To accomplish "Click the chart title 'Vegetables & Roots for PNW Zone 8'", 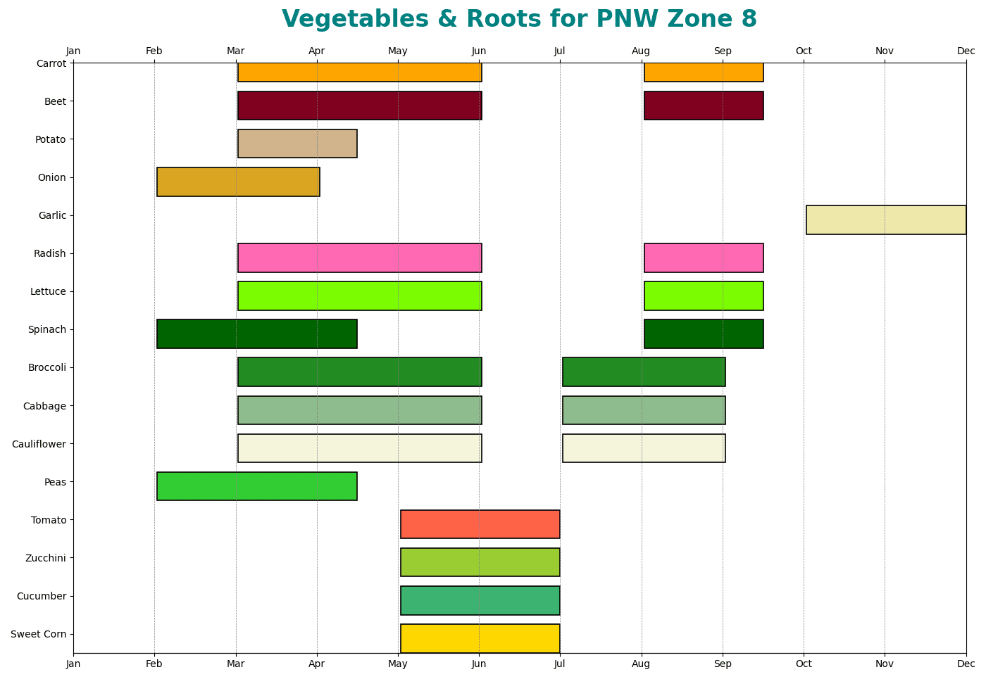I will [x=519, y=19].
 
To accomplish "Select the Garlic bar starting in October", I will [x=885, y=220].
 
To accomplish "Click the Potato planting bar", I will [x=297, y=144].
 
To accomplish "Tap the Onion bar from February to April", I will [x=238, y=182].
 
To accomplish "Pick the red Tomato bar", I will [x=480, y=524].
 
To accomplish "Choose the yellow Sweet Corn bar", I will [x=480, y=638].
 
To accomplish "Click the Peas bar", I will [x=256, y=486].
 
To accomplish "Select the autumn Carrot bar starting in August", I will [x=704, y=72].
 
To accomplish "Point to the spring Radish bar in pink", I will [x=359, y=258].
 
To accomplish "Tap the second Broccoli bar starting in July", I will [x=644, y=372].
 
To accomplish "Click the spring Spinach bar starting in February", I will [x=256, y=334].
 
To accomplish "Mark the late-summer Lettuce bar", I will [x=704, y=296].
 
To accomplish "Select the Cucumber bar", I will [x=480, y=600].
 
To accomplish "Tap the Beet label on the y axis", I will [x=54, y=101].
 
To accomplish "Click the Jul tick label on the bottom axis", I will [x=560, y=664].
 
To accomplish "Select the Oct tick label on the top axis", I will [x=804, y=51].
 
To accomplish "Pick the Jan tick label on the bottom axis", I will [x=73, y=664].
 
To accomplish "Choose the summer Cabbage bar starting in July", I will [x=644, y=410].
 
